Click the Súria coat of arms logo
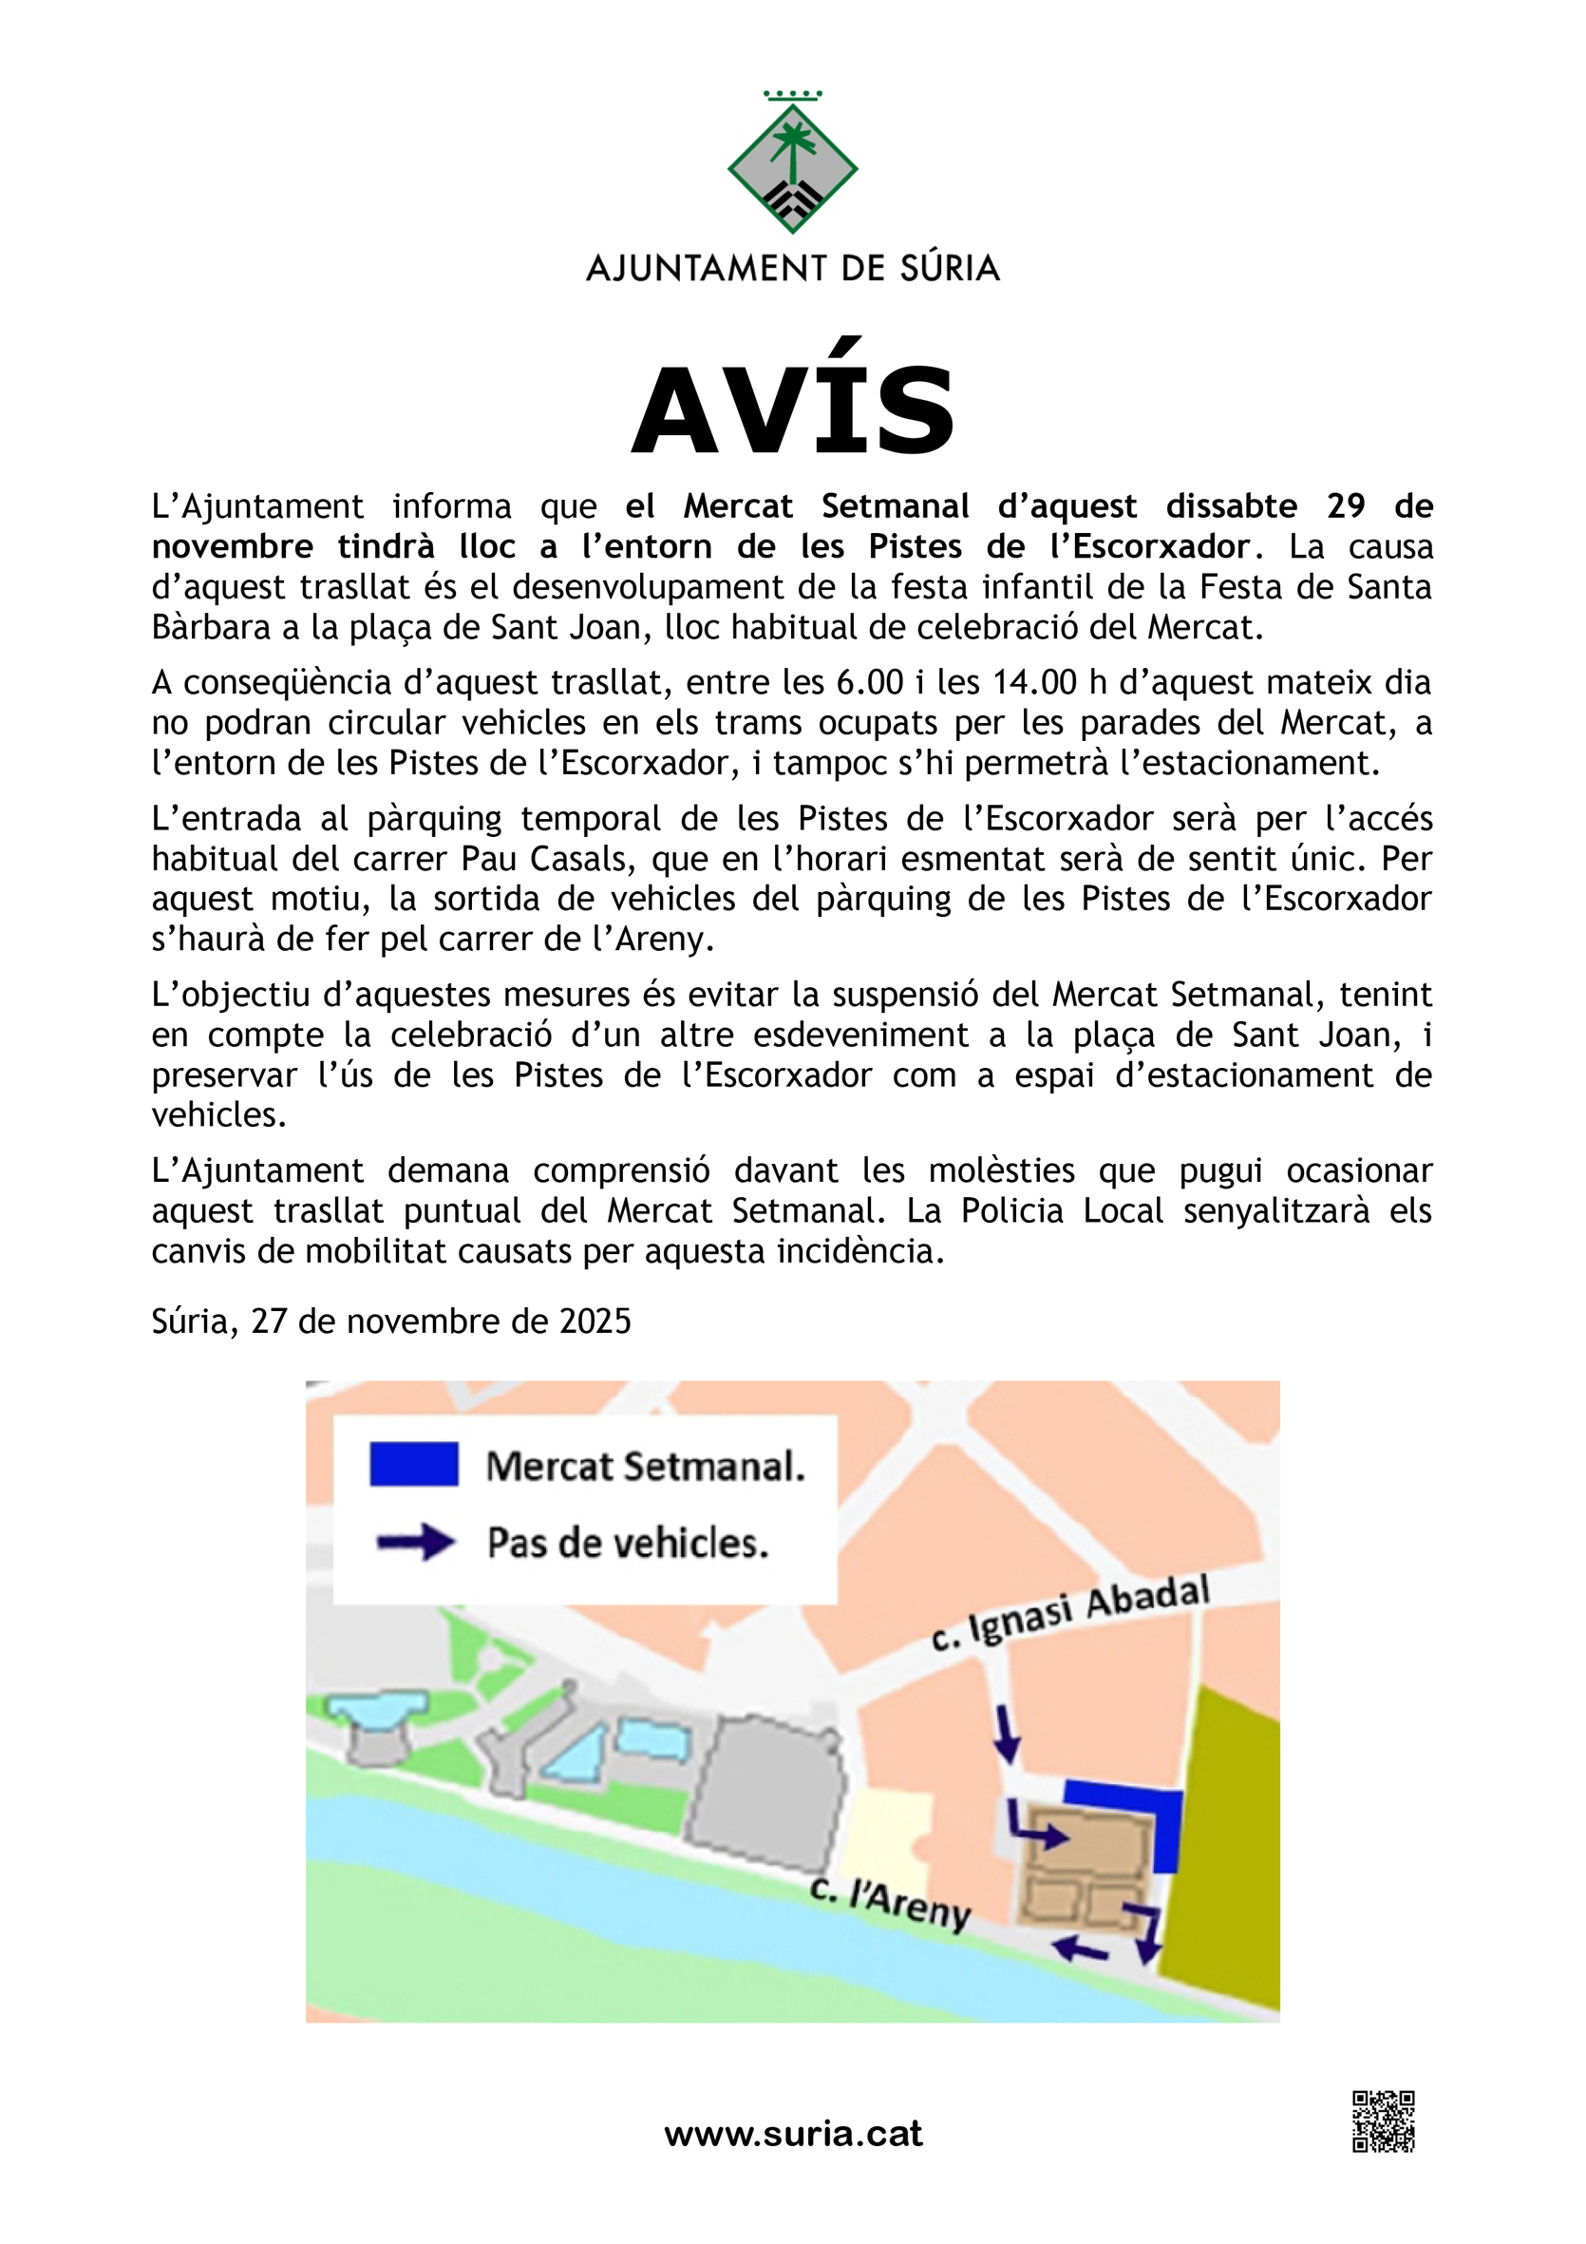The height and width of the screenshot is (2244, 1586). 792,165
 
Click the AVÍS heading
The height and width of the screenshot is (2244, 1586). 792,410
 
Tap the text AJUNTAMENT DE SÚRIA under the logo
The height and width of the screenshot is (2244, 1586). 792,268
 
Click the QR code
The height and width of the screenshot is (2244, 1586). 1383,2121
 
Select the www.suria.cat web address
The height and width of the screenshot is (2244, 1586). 792,2134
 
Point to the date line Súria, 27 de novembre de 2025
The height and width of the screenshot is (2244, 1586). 391,1322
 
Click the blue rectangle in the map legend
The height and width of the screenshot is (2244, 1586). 413,1464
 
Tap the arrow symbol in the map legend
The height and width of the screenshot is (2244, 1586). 416,1542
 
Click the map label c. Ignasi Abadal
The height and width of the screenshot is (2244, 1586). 1070,1613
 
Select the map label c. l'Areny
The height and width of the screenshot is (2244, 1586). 890,1901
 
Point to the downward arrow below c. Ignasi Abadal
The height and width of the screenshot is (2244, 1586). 1007,1734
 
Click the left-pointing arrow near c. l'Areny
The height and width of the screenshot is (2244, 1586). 1080,1949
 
